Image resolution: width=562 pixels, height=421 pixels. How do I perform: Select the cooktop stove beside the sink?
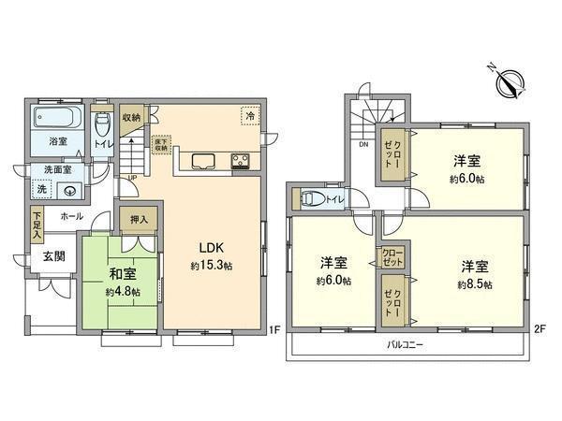coord(242,160)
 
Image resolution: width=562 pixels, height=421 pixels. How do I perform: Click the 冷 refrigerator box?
coord(249,115)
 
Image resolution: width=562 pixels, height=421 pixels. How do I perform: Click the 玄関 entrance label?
coord(52,255)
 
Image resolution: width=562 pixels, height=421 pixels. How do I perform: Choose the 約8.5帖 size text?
coord(475,283)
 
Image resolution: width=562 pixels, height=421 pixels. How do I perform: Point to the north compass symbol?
coord(510,82)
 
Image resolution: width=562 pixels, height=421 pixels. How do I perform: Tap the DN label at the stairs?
coord(362,145)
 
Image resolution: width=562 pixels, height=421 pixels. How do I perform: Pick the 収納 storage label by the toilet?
coord(132,118)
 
